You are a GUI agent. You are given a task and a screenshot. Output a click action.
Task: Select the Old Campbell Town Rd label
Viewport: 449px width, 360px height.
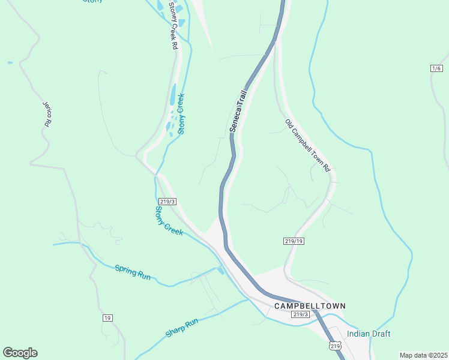pos(308,145)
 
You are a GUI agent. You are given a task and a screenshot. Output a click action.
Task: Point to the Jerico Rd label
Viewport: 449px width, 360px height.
pos(46,113)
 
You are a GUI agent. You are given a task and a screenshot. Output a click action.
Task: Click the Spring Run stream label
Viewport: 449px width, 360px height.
pos(132,271)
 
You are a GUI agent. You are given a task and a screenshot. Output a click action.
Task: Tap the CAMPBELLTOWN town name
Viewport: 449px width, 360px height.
pos(310,306)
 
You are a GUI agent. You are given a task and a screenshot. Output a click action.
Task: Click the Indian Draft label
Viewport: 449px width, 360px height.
pos(369,334)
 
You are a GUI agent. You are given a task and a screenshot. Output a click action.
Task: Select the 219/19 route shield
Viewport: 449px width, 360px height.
pos(291,241)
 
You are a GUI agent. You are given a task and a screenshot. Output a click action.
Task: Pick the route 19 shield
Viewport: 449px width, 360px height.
pos(107,317)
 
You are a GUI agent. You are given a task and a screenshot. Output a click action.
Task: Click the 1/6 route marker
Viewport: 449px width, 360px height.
pos(436,69)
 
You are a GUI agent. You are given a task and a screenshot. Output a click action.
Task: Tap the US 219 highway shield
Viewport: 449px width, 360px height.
pos(336,346)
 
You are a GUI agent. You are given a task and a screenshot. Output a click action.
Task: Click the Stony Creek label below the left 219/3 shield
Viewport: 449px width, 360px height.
pos(169,220)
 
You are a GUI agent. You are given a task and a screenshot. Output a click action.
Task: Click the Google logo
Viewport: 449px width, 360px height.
pos(20,353)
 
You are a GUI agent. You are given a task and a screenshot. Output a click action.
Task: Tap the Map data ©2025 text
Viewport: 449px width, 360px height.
pos(423,355)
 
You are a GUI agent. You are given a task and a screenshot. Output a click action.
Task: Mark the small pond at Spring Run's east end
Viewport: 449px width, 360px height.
pos(221,271)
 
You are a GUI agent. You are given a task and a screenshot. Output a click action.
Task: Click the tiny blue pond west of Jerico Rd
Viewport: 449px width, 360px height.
pos(10,62)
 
